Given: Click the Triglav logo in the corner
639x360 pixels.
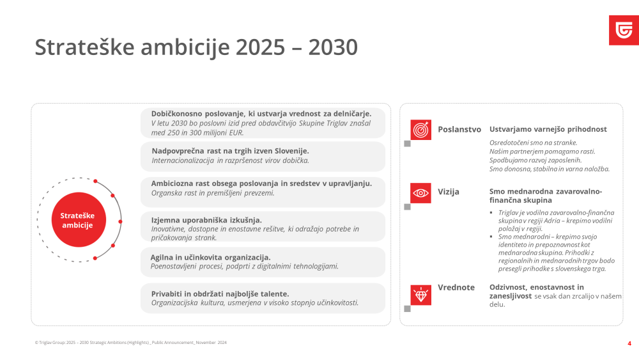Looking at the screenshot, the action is click(x=624, y=30).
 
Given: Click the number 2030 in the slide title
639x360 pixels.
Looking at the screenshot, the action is click(x=333, y=47).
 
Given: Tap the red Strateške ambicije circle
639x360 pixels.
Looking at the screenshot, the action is click(x=79, y=220).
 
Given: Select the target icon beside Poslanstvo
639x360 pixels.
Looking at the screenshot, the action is click(x=420, y=130).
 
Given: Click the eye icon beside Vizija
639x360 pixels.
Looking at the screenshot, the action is click(x=420, y=193).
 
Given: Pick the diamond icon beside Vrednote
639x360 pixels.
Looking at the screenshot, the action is click(x=420, y=295).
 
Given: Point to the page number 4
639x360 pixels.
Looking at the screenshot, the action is click(x=629, y=343).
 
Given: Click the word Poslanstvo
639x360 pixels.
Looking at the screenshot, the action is click(x=459, y=129).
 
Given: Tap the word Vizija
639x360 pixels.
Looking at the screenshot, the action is click(x=449, y=192).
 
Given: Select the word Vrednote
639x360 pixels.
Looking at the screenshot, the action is click(x=456, y=287).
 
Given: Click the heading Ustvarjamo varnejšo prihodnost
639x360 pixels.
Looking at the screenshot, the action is click(x=548, y=129).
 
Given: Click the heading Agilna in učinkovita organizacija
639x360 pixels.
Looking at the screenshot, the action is click(x=210, y=257).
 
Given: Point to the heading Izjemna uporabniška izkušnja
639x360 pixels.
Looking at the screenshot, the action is click(x=206, y=220).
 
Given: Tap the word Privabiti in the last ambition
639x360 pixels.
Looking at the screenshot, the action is click(x=167, y=293).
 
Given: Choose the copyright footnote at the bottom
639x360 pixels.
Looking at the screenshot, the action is click(x=131, y=343).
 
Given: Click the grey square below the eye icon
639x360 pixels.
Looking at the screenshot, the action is click(x=407, y=207).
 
